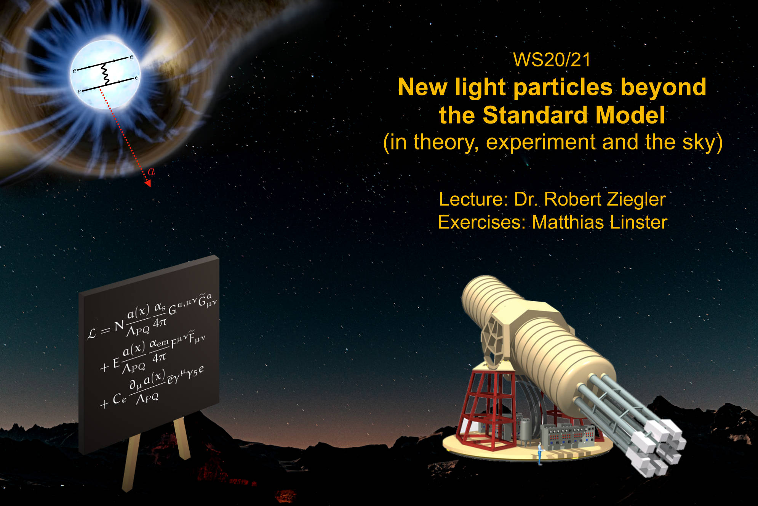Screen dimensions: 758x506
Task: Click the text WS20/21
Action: (x=552, y=60)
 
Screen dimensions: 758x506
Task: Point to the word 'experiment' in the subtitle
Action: (x=541, y=143)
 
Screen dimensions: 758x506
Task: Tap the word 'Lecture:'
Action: (x=473, y=199)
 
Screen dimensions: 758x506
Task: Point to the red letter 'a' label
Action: (x=152, y=172)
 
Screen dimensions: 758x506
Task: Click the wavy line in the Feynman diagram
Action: (x=105, y=74)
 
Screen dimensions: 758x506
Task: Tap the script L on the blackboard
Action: (x=92, y=334)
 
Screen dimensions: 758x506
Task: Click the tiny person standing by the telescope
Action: (x=540, y=454)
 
